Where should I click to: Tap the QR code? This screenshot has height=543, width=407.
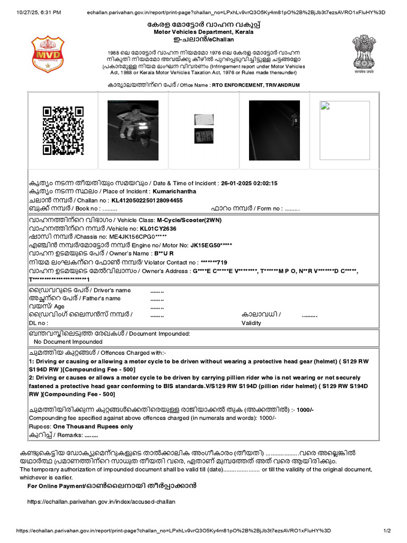[x=63, y=130]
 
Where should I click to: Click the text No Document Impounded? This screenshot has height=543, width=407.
[x=68, y=342]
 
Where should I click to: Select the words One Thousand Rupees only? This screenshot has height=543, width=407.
[x=93, y=426]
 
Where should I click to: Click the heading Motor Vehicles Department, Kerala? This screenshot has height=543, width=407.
[x=204, y=32]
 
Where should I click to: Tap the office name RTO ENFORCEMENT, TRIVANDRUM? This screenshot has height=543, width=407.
[x=255, y=85]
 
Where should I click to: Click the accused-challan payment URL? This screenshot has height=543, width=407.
[x=101, y=501]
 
